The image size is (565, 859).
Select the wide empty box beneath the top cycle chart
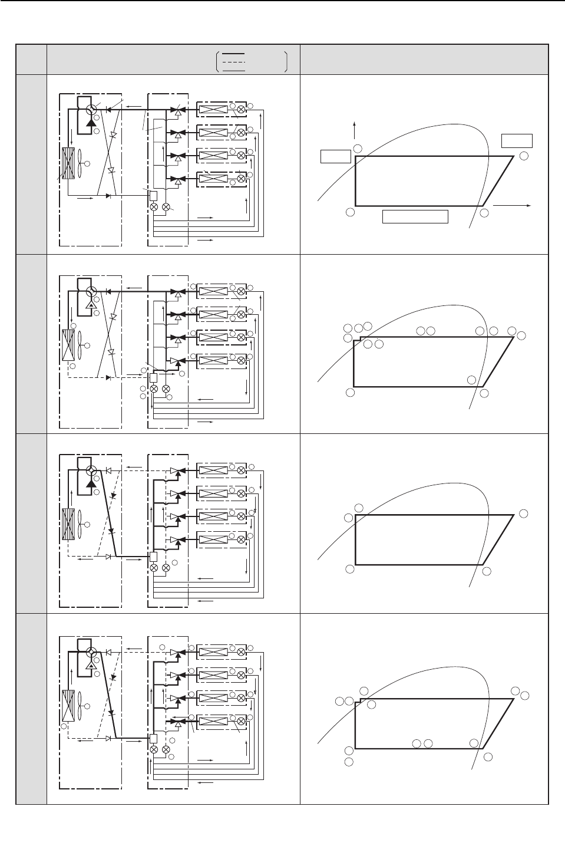pyautogui.click(x=415, y=216)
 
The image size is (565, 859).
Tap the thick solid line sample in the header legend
pyautogui.click(x=234, y=54)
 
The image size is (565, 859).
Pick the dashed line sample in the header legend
pyautogui.click(x=234, y=61)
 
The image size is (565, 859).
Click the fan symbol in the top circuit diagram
pyautogui.click(x=86, y=162)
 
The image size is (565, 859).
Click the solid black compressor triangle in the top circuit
pyautogui.click(x=91, y=122)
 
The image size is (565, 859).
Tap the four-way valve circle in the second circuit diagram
pyautogui.click(x=91, y=292)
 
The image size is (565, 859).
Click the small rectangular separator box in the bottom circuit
pyautogui.click(x=154, y=738)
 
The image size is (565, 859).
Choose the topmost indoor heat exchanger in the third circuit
pyautogui.click(x=213, y=470)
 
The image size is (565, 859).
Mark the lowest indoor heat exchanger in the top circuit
pyautogui.click(x=213, y=179)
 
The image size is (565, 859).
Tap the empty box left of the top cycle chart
pyautogui.click(x=335, y=156)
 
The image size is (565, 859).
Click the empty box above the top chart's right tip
pyautogui.click(x=517, y=140)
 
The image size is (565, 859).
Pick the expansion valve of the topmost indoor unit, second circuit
pyautogui.click(x=241, y=291)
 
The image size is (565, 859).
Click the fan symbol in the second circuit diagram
pyautogui.click(x=86, y=344)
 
